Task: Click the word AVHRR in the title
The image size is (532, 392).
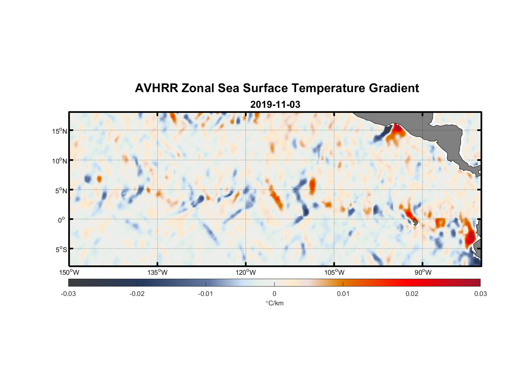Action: point(156,88)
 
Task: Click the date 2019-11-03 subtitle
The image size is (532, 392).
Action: point(275,105)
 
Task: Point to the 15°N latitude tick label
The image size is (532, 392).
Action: point(60,131)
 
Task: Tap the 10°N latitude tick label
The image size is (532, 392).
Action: point(60,161)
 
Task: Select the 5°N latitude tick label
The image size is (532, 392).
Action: point(61,191)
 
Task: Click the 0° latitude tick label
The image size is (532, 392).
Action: point(62,220)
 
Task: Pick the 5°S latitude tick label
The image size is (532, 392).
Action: point(61,250)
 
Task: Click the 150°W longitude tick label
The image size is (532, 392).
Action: point(69,272)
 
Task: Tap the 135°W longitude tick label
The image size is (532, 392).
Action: point(157,272)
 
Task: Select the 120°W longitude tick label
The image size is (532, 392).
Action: point(246,272)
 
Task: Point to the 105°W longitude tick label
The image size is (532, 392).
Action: point(334,272)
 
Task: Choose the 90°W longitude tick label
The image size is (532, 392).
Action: point(423,272)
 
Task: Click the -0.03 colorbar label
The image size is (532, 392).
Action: point(68,294)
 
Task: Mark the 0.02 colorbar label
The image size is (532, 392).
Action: point(412,294)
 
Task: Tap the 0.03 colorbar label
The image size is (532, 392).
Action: point(480,294)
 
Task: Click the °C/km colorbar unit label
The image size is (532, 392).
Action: point(274,303)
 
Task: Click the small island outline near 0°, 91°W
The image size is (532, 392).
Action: point(415,222)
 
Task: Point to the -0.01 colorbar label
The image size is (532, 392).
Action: point(206,294)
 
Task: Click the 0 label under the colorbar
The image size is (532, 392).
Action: point(274,294)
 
